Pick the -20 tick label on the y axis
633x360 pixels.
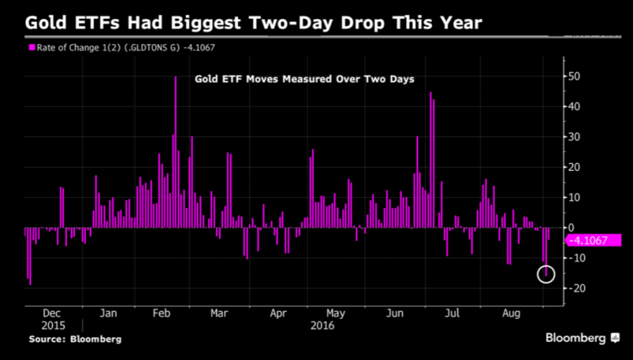575,289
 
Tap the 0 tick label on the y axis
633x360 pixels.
570,228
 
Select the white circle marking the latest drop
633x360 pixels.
546,274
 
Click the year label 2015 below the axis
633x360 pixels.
52,325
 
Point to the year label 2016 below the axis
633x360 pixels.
322,325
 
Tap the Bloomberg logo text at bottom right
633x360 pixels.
576,338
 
